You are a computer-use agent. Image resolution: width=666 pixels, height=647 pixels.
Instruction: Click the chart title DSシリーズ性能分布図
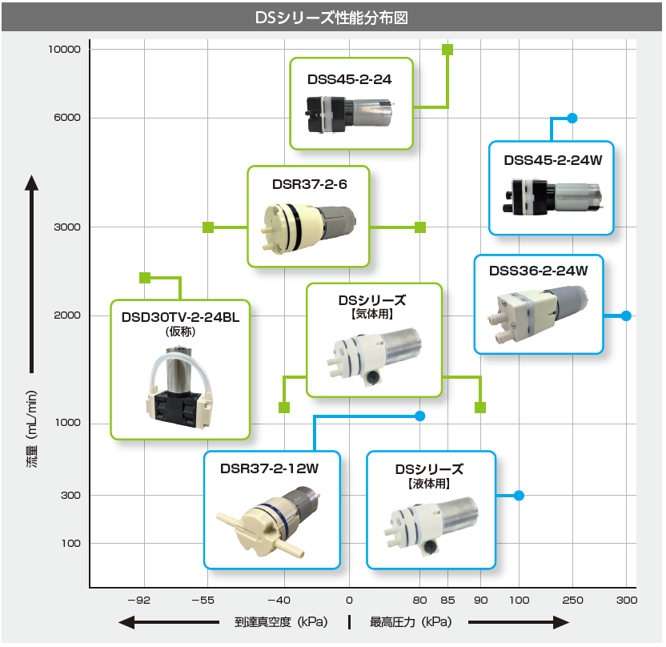pyautogui.click(x=331, y=18)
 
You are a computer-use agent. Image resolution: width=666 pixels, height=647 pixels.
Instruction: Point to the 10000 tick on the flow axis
pyautogui.click(x=64, y=50)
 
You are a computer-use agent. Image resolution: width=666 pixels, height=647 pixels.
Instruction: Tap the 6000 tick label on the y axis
pyautogui.click(x=67, y=117)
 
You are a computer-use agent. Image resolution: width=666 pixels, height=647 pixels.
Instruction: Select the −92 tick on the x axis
pyautogui.click(x=139, y=600)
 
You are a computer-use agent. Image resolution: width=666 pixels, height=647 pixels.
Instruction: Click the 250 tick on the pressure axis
pyautogui.click(x=572, y=600)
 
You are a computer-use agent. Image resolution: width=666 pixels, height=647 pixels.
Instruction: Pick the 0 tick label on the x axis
pyautogui.click(x=349, y=600)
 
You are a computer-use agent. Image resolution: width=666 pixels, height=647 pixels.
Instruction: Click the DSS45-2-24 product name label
pyautogui.click(x=350, y=79)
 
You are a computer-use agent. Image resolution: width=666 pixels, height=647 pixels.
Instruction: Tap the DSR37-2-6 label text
pyautogui.click(x=310, y=184)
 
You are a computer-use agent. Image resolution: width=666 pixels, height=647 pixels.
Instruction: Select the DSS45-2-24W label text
pyautogui.click(x=553, y=160)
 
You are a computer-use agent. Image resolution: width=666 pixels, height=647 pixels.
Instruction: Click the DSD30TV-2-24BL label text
pyautogui.click(x=181, y=317)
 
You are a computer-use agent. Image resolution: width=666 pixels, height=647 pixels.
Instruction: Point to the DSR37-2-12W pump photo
pyautogui.click(x=268, y=521)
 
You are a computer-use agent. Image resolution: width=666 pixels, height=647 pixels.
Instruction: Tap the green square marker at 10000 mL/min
pyautogui.click(x=447, y=50)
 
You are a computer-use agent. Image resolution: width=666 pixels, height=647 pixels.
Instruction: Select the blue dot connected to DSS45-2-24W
pyautogui.click(x=572, y=118)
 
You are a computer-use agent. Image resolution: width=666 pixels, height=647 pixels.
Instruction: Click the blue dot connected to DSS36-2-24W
pyautogui.click(x=626, y=315)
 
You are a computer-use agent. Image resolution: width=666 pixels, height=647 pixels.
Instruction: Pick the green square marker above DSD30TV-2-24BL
pyautogui.click(x=145, y=278)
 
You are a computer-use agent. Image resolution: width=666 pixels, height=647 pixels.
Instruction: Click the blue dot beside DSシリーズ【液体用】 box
pyautogui.click(x=519, y=496)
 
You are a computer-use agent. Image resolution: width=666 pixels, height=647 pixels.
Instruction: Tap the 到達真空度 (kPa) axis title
pyautogui.click(x=281, y=622)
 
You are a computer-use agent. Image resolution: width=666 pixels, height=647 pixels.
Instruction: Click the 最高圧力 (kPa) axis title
pyautogui.click(x=411, y=622)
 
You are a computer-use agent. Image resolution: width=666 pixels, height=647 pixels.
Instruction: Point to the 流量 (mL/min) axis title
pyautogui.click(x=32, y=429)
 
